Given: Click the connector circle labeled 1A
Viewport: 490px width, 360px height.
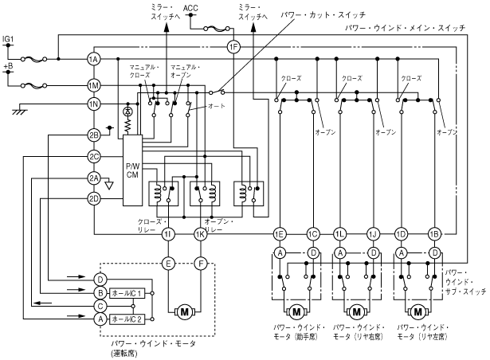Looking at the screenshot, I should pos(94,60).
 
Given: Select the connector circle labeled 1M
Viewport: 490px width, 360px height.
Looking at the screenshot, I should pos(94,84).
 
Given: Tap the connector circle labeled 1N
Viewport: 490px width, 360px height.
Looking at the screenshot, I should pos(94,104).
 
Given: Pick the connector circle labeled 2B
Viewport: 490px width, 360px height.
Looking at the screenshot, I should pos(94,135).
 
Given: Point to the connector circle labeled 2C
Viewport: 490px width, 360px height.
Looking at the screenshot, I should pos(94,156).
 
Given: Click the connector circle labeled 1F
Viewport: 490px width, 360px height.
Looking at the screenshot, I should pos(233,45).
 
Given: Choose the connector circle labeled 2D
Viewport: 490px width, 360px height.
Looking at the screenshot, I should pos(94,198).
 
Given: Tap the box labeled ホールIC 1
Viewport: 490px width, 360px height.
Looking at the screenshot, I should pos(127,293).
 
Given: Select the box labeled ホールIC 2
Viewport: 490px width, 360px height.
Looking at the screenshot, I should pos(127,319).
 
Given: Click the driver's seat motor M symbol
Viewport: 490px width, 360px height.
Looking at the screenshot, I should pos(184,309).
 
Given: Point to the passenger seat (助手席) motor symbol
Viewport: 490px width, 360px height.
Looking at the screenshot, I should pos(296,311).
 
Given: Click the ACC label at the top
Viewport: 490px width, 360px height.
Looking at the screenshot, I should pos(190,9).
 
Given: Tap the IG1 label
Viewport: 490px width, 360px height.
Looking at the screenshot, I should pos(9,38).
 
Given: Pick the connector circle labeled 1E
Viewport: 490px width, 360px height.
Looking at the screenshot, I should pos(280,233).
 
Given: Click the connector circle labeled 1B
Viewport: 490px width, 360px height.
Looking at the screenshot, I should pos(434,233).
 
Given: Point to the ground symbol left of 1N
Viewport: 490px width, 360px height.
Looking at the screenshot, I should pos(18,112).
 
